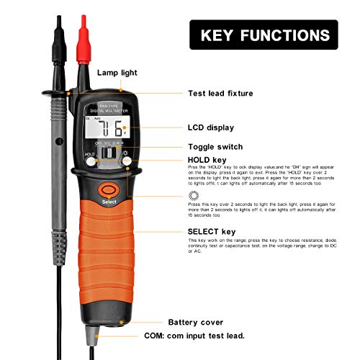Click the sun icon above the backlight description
tap(193, 195)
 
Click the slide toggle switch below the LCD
tap(109, 153)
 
